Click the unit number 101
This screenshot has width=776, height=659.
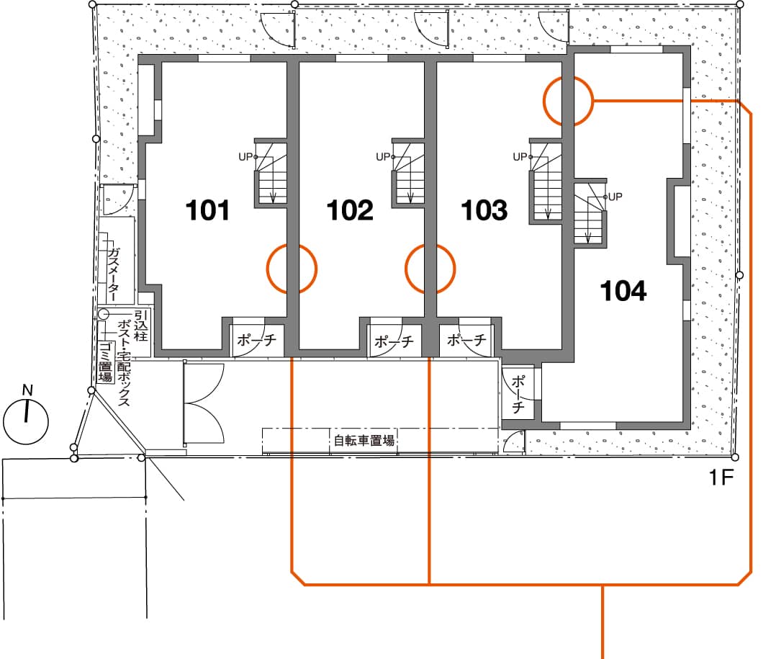click(x=207, y=210)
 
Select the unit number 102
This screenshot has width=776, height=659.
click(x=350, y=210)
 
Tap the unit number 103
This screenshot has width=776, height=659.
click(x=484, y=210)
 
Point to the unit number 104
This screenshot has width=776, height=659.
click(x=623, y=291)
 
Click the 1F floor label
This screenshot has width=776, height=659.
click(x=721, y=478)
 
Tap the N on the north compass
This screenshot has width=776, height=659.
click(x=27, y=390)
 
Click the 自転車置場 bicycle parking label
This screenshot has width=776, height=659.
click(x=364, y=440)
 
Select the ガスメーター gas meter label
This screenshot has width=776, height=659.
click(x=114, y=274)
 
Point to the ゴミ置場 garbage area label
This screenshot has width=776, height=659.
click(x=105, y=362)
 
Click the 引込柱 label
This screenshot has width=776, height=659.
click(x=141, y=326)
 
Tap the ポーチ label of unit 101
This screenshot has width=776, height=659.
click(x=256, y=340)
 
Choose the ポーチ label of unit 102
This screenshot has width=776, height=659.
click(x=394, y=341)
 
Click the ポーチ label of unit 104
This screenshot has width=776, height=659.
click(x=518, y=394)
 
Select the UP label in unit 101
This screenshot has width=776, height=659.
click(x=245, y=157)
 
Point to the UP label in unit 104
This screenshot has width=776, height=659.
click(x=615, y=197)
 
